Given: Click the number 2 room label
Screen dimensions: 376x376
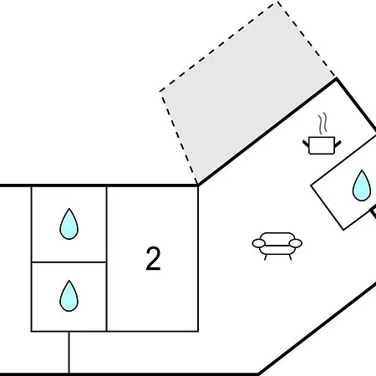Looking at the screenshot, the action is pos(153,259).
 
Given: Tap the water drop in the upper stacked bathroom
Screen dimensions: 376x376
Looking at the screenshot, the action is pos(69,224).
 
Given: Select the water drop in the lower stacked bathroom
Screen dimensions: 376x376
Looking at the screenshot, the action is pos(69,296).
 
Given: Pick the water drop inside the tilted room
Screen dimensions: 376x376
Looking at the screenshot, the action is pos(362,186).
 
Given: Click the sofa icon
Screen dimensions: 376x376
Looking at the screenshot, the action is pos(277,246).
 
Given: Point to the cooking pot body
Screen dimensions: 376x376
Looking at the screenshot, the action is pos(322,145).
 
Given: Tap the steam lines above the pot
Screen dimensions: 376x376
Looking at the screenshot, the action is pos(323,123).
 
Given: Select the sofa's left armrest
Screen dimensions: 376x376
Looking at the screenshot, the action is pos(259,243).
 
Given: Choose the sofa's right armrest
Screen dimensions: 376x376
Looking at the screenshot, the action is pos(296,243).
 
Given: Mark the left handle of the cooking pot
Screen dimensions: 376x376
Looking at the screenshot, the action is pos(306,144).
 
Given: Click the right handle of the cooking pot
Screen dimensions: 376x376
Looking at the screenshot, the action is pos(338,144).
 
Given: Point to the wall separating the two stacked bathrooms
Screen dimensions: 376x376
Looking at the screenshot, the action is pos(69,262).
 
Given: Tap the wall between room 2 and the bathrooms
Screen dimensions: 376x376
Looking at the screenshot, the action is pos(107,259).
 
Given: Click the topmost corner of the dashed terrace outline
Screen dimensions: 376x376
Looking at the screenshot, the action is pos(277,3).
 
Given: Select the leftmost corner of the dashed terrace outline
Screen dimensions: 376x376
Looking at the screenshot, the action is pos(160,91).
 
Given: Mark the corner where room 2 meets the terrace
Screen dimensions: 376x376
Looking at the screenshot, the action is pos(198,185).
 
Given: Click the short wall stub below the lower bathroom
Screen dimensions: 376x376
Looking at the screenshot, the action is pos(69,353).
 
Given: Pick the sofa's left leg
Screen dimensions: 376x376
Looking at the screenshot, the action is pos(265,257).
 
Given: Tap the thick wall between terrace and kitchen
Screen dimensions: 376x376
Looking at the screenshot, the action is pos(267,132).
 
